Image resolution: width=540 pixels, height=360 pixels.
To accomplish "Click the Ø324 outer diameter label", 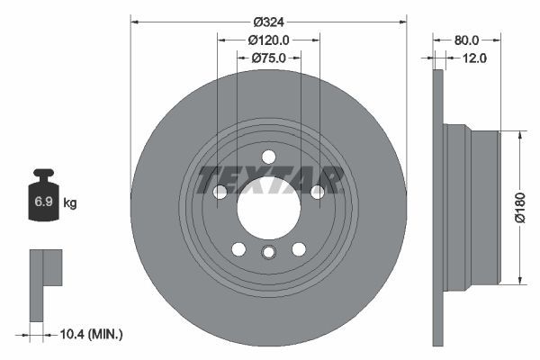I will coord(268,21).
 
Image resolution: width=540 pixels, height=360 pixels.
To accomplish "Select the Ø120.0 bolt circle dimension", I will coord(268,40).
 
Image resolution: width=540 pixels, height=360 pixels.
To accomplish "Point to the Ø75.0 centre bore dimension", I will coord(268,58).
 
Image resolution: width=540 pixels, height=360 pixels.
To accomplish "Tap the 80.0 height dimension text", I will coord(466,40).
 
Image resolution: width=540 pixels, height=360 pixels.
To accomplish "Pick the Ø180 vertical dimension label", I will coord(519,207).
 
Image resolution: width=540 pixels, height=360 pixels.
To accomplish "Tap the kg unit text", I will coord(70,202).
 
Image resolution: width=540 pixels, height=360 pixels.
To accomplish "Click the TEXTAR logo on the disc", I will coord(269,180).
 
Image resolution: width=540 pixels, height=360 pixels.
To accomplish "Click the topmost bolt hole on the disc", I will coord(268,157).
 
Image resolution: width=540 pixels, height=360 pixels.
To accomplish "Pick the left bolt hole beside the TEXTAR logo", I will coord(220,192).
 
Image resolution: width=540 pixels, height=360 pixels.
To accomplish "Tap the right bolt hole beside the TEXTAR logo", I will coord(318,192).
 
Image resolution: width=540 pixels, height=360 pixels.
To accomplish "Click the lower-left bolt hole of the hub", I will coord(238,249).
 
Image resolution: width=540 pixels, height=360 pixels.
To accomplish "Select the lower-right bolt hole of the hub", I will coord(299,249).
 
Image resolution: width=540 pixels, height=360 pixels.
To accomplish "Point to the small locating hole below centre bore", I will coord(268,253).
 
